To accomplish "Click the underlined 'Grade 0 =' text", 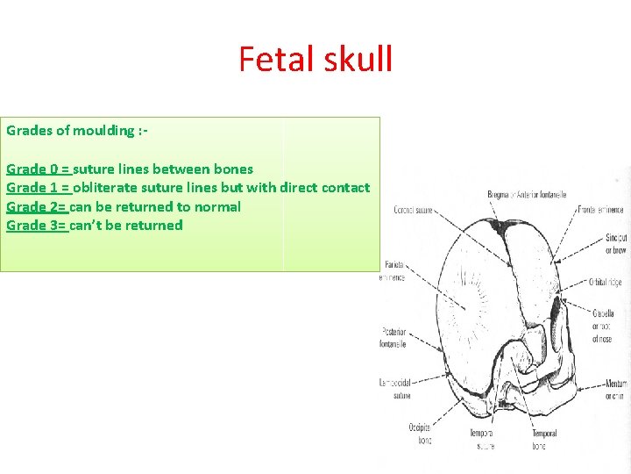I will point(39,169).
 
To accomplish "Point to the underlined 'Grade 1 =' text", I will point(39,187).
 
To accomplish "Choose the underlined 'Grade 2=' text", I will point(37,206).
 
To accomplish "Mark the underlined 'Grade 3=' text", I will point(37,225).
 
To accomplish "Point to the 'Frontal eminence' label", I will point(601,210).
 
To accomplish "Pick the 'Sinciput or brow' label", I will point(615,244).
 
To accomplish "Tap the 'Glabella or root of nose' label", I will point(603,326).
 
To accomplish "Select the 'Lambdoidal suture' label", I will point(396,389).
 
